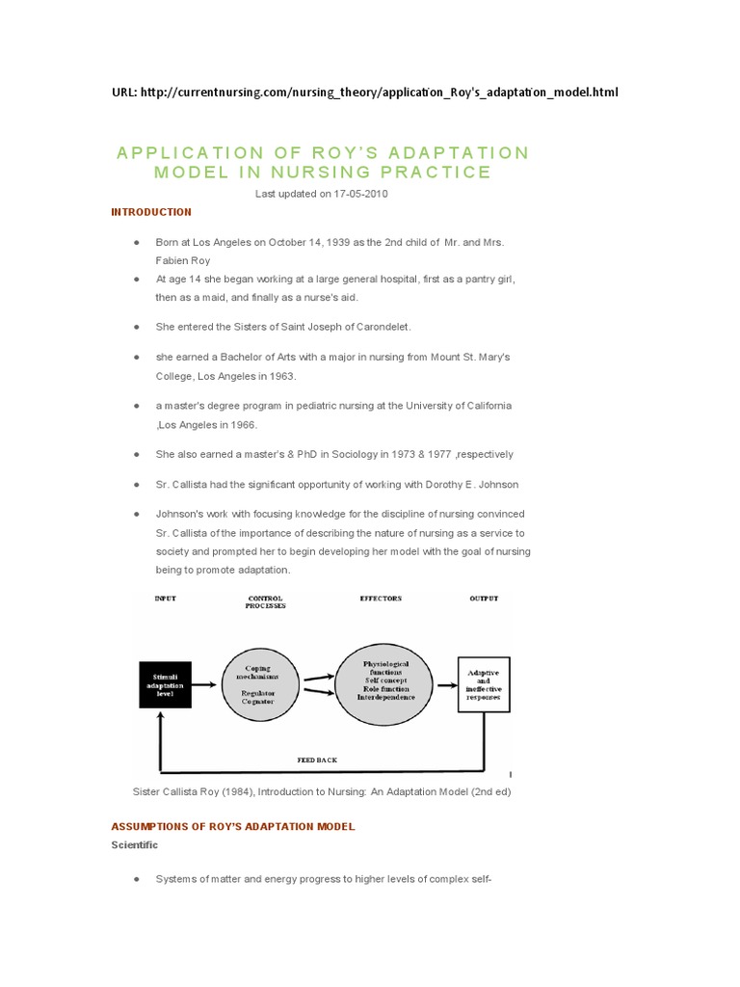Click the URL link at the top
tap(379, 93)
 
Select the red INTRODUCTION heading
tap(151, 212)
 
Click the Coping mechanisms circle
tap(257, 684)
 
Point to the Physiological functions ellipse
tap(385, 681)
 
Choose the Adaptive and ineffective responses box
tap(483, 684)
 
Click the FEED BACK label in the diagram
tap(317, 760)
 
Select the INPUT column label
tap(166, 599)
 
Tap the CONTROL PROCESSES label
tap(265, 602)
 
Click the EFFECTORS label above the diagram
tap(381, 599)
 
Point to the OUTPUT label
tap(484, 599)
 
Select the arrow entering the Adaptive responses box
tap(445, 685)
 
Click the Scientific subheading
tap(135, 845)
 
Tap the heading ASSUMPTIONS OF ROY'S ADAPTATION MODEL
tap(233, 827)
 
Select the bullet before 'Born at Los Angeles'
tap(138, 241)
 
